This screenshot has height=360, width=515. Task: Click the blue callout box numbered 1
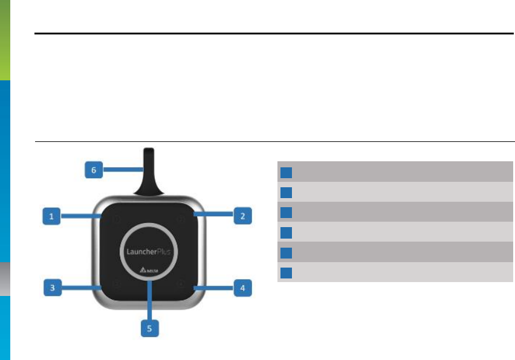pos(51,216)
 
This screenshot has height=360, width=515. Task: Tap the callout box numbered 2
pos(242,216)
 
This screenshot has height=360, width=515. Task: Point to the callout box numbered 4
pos(242,288)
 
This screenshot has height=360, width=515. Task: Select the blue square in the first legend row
pos(287,172)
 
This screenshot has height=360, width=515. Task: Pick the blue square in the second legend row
pos(287,193)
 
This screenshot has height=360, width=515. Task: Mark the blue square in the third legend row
pos(287,213)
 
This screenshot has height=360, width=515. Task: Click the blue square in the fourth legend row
pos(287,233)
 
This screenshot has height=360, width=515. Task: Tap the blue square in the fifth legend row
pos(287,252)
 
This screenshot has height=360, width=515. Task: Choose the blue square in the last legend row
pos(287,272)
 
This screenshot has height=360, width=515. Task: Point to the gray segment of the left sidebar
pos(5,278)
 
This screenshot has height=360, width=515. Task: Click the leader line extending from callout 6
pos(121,170)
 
